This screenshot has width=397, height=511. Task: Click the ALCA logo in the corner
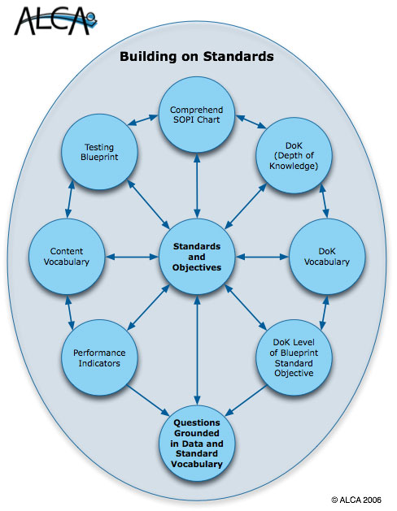pyautogui.click(x=55, y=21)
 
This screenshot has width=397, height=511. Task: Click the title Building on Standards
pyautogui.click(x=197, y=56)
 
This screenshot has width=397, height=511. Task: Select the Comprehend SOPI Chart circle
pyautogui.click(x=197, y=115)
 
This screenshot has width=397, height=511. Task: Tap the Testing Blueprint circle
pyautogui.click(x=99, y=152)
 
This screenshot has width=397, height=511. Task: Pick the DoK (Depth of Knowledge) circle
pyautogui.click(x=294, y=155)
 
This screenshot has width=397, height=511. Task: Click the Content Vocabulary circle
pyautogui.click(x=67, y=257)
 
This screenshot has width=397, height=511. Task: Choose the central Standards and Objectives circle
pyautogui.click(x=197, y=257)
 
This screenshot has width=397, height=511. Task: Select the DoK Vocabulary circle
pyautogui.click(x=327, y=257)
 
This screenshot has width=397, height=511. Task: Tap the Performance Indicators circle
pyautogui.click(x=99, y=357)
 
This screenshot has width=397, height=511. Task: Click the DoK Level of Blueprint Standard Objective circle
pyautogui.click(x=294, y=357)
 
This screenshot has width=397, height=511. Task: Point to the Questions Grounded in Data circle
pyautogui.click(x=197, y=444)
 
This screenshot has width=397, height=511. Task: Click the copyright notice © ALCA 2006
pyautogui.click(x=356, y=500)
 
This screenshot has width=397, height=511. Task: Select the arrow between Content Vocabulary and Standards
pyautogui.click(x=132, y=257)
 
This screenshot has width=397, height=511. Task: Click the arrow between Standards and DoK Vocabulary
pyautogui.click(x=262, y=257)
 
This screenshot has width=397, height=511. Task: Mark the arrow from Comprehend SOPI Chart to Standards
pyautogui.click(x=197, y=186)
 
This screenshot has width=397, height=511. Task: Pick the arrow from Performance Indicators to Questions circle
pyautogui.click(x=148, y=401)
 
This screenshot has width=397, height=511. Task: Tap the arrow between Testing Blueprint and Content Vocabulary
pyautogui.click(x=70, y=199)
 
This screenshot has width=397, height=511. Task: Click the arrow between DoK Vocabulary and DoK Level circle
pyautogui.click(x=325, y=313)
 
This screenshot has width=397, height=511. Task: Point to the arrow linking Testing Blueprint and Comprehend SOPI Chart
pyautogui.click(x=143, y=119)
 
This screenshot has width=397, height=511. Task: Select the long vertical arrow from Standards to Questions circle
pyautogui.click(x=197, y=350)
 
